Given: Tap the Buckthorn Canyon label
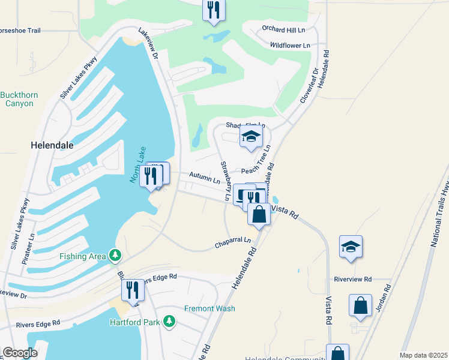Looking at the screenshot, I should [x=20, y=99].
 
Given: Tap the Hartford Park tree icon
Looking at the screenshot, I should [x=170, y=322].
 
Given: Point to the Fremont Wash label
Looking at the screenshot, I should [x=209, y=308].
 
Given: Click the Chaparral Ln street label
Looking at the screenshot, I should [x=233, y=243].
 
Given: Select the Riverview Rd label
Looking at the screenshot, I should [x=353, y=280].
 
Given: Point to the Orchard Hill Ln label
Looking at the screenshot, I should [x=283, y=29].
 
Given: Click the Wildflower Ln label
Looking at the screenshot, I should [x=290, y=45].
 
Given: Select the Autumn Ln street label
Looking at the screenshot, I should [x=205, y=178].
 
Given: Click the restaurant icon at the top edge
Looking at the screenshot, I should [x=214, y=10].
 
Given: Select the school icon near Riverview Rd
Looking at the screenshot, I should [x=351, y=247].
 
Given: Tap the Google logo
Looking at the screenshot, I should [x=20, y=353].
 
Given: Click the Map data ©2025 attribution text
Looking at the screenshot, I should [x=423, y=355].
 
